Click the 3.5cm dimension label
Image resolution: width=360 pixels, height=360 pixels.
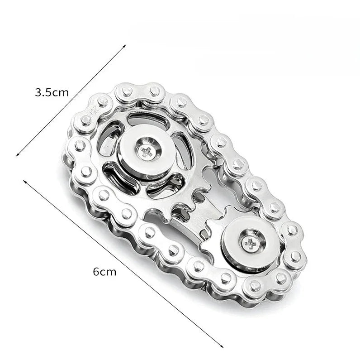pyautogui.click(x=52, y=92)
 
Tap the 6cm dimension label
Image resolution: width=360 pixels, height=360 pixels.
pyautogui.click(x=104, y=272)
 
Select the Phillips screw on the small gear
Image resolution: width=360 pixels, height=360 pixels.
pyautogui.click(x=249, y=244)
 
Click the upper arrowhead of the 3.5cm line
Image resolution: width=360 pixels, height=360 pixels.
pyautogui.click(x=124, y=46)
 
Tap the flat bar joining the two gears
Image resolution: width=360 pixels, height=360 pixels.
pyautogui.click(x=199, y=217)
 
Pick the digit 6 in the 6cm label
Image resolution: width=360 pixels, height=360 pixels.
pyautogui.click(x=96, y=272)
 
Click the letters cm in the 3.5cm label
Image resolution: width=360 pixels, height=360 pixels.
pyautogui.click(x=61, y=92)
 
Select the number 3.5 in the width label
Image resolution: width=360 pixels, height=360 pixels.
pyautogui.click(x=43, y=92)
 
